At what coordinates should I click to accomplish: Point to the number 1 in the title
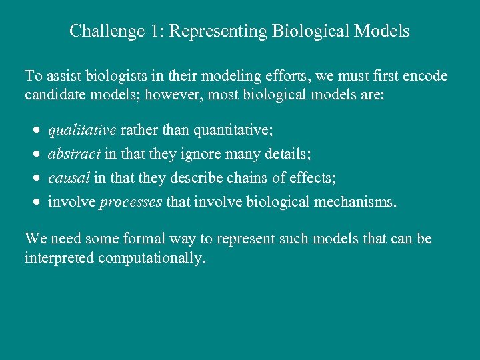(153, 31)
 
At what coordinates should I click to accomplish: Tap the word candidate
(53, 95)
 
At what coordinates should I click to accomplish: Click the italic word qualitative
(82, 129)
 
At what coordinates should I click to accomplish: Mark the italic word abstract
(75, 154)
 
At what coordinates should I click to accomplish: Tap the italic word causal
(69, 178)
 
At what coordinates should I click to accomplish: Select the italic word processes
(131, 203)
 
